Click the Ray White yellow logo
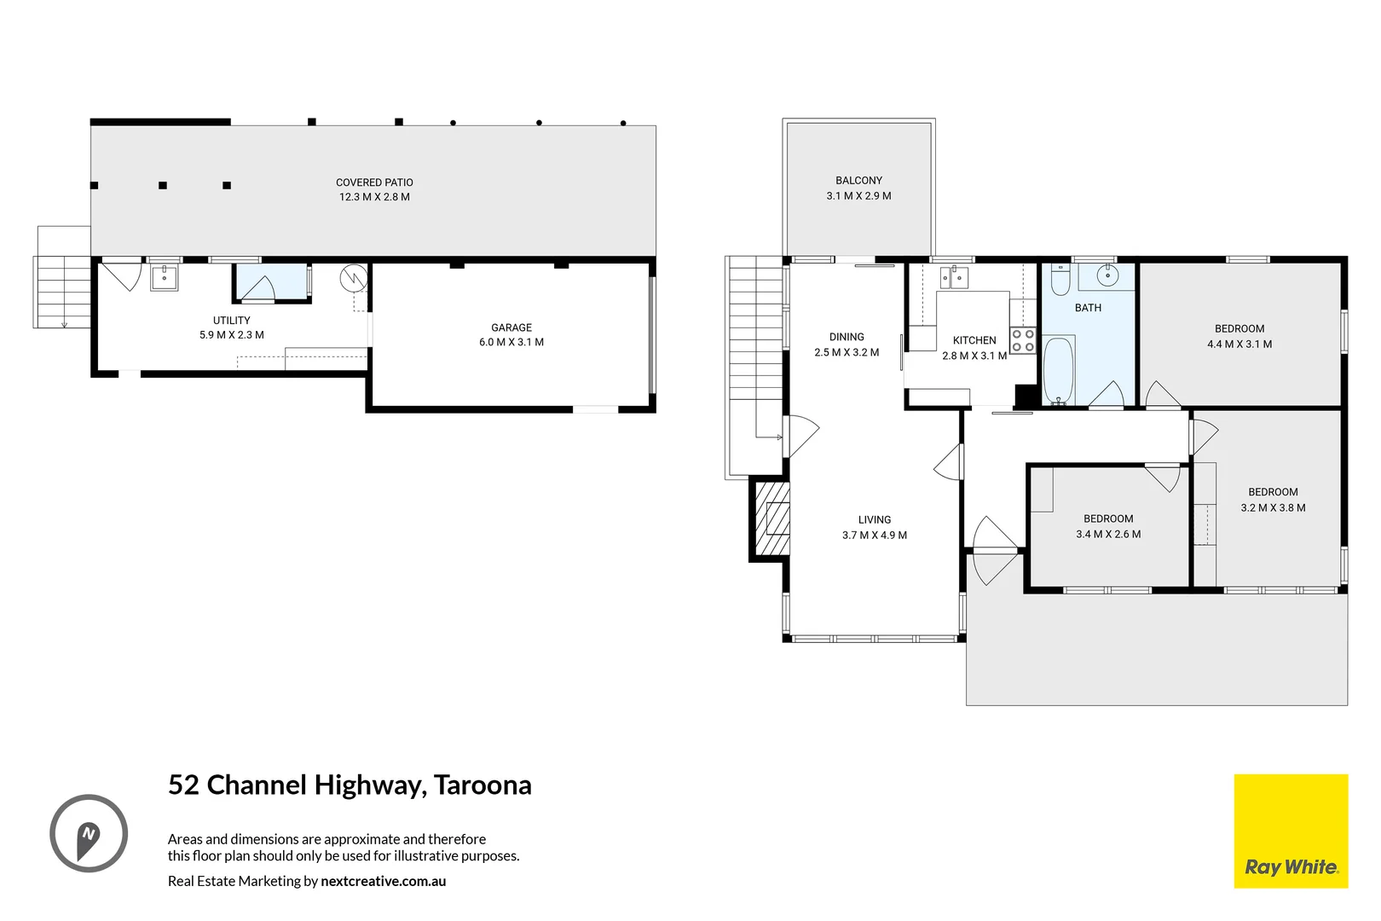[x=1291, y=831]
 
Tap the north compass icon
[x=89, y=833]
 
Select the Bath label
[x=1088, y=308]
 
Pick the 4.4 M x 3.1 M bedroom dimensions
[x=1239, y=345]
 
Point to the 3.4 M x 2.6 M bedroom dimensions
[x=1108, y=534]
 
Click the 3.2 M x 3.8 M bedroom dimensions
[x=1273, y=507]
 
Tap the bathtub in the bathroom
[x=1059, y=371]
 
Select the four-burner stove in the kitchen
[x=1023, y=340]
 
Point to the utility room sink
[x=165, y=277]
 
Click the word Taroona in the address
[x=482, y=785]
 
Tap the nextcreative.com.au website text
[x=383, y=881]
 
